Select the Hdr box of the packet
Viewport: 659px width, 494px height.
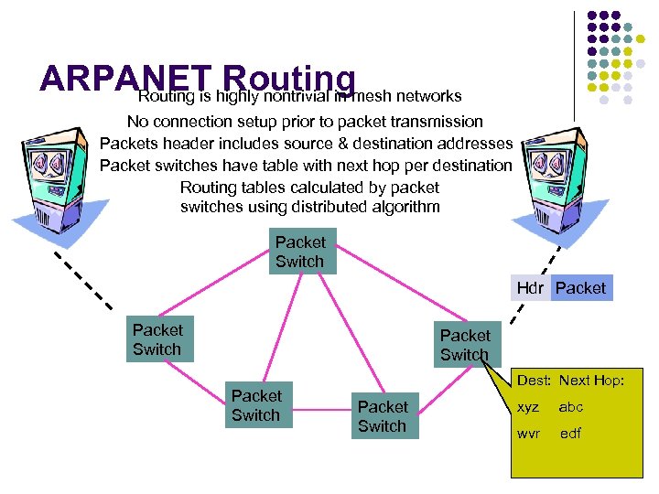click(530, 288)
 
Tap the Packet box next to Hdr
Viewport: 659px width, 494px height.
click(580, 288)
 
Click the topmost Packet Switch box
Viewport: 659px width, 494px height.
click(300, 252)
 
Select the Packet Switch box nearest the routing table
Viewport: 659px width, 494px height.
click(465, 345)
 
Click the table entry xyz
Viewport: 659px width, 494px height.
click(528, 407)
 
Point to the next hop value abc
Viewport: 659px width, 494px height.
click(571, 407)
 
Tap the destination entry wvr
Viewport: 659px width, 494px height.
click(528, 434)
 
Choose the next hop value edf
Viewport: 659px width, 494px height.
click(570, 434)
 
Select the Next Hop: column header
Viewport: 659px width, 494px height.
click(592, 381)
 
